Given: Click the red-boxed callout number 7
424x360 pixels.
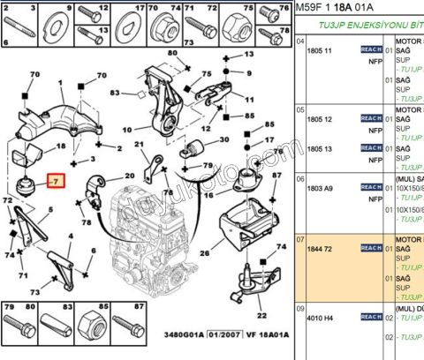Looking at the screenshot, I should click(x=55, y=182).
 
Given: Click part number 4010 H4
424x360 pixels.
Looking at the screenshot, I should click(x=320, y=318).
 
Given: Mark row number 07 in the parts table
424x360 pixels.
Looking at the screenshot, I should click(x=300, y=239).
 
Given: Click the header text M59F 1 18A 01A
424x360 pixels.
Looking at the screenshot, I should click(x=337, y=8).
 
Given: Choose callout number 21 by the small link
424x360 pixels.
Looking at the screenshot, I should click(x=139, y=145).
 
